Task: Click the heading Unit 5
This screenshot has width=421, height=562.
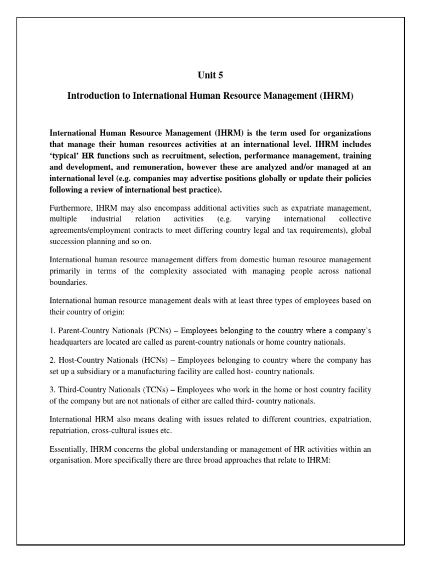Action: coord(210,75)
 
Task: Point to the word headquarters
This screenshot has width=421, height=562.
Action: coord(74,341)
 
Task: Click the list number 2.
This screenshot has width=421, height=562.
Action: coord(52,361)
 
